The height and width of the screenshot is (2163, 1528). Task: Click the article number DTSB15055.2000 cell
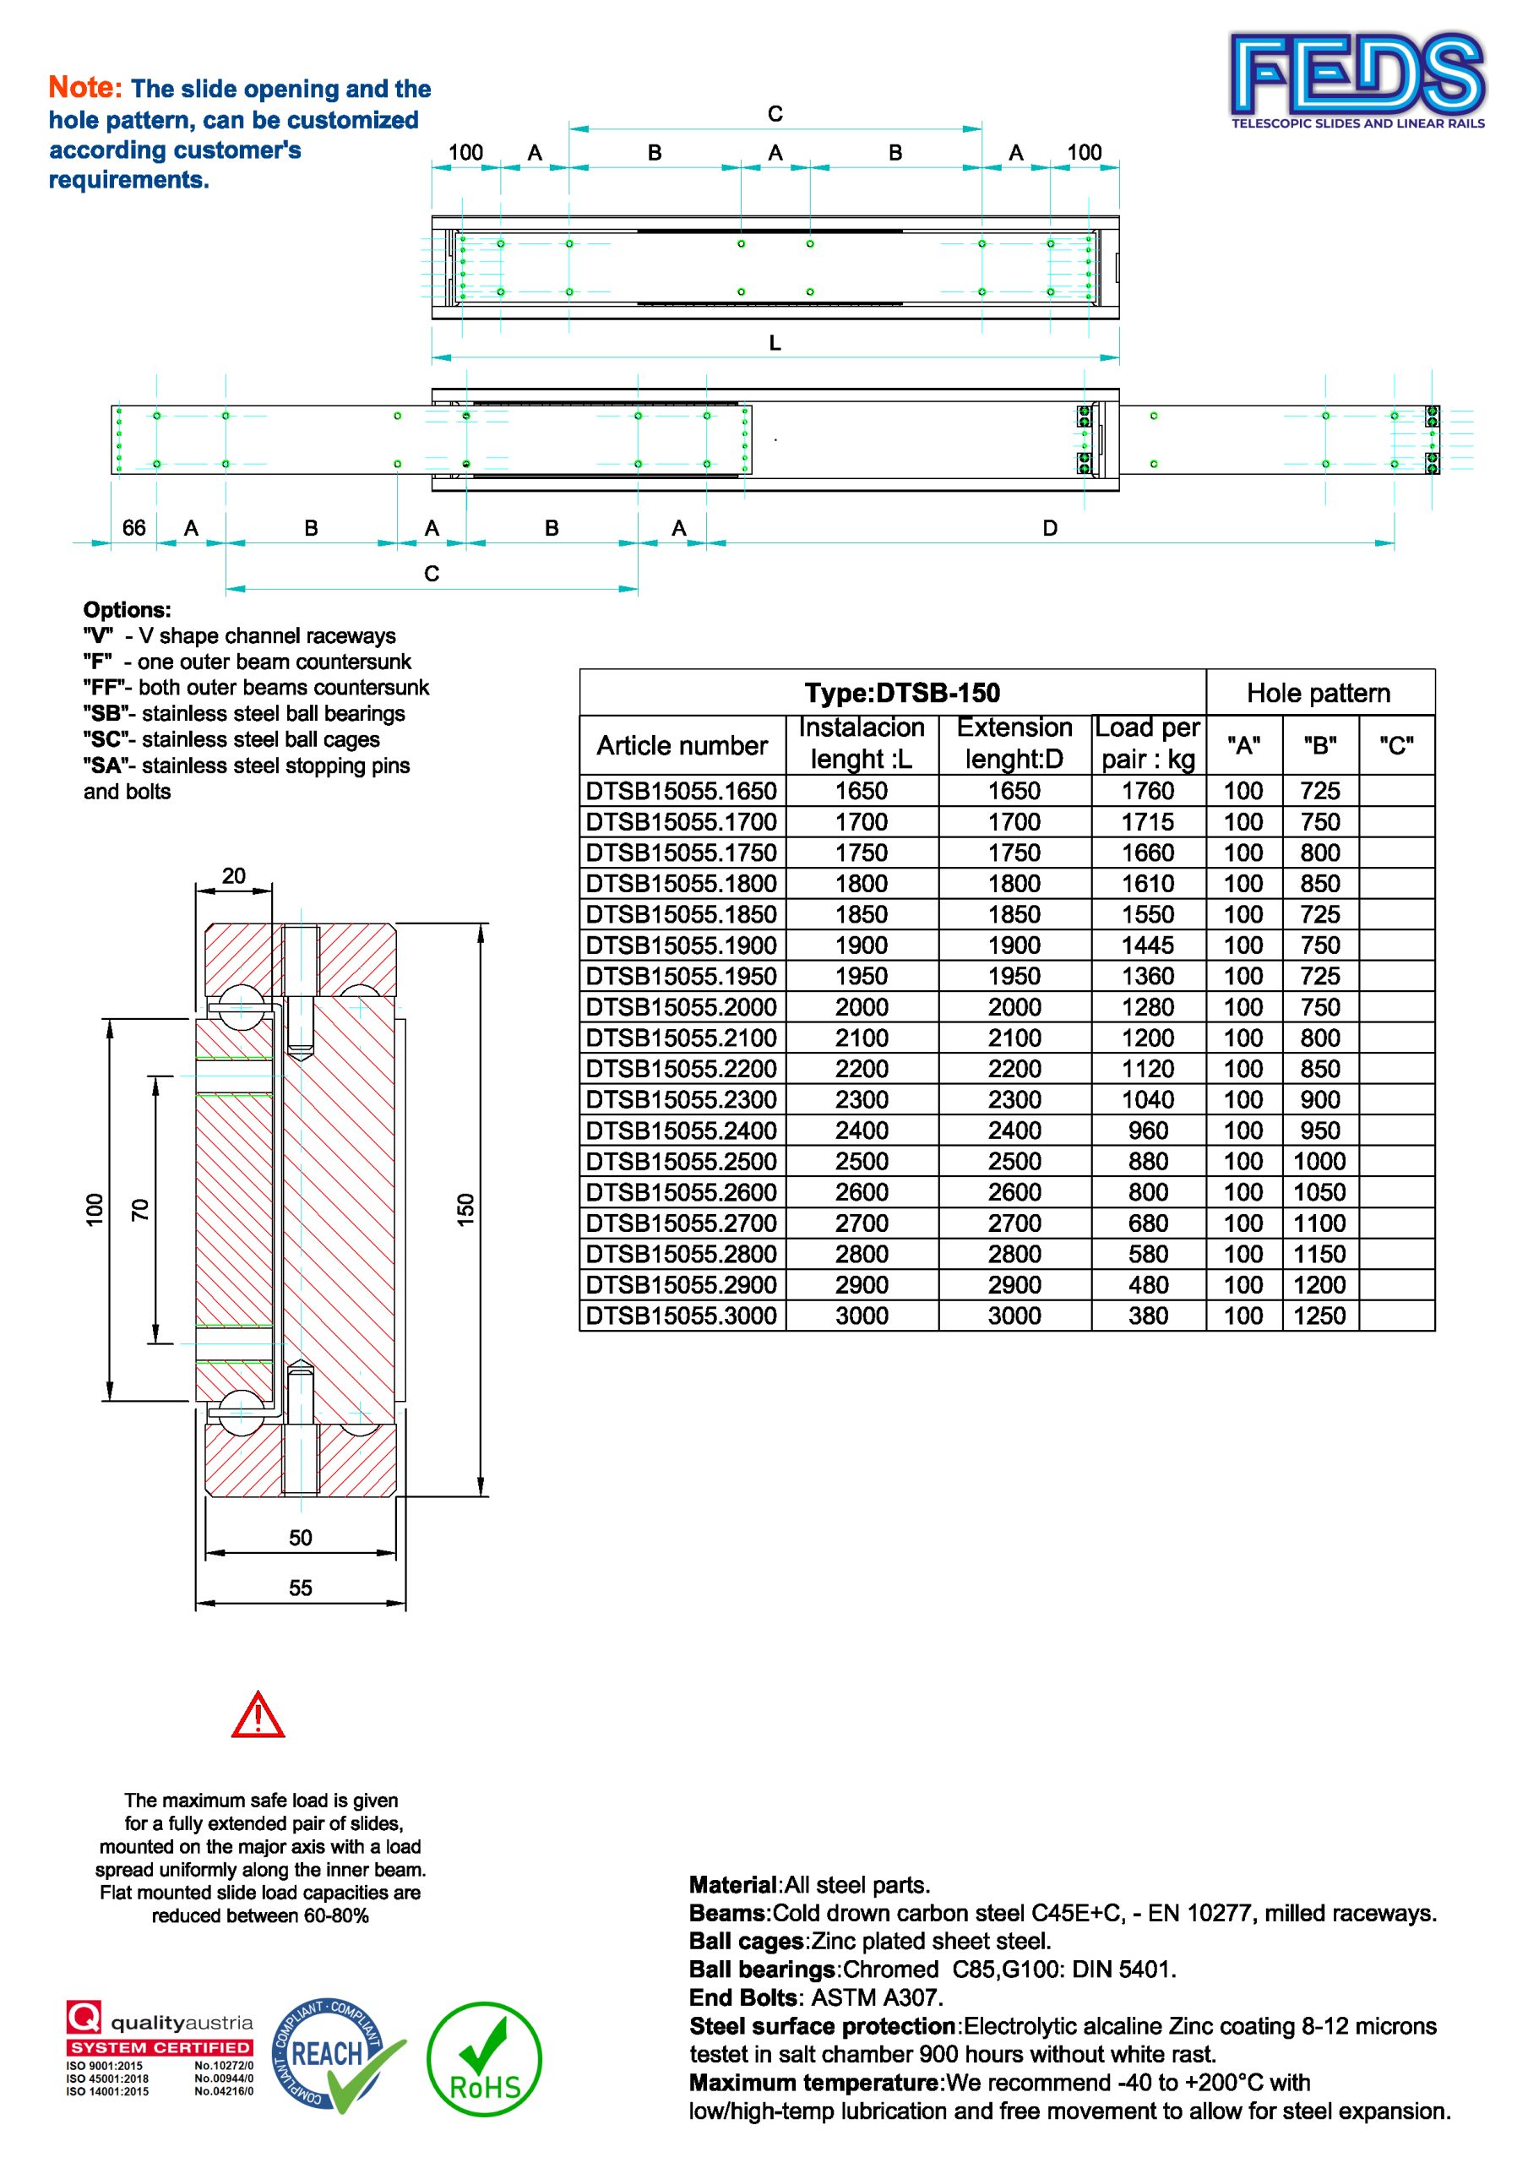tap(681, 1007)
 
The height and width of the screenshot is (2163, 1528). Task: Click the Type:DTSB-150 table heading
tap(901, 694)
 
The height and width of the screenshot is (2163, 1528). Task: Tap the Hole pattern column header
tap(1318, 694)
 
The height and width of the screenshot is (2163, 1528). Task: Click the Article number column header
tap(682, 745)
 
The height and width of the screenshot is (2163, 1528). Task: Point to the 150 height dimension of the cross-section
tap(466, 1210)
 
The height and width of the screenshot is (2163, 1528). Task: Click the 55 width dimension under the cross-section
tap(300, 1588)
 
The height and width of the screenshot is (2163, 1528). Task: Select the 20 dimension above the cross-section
tap(232, 875)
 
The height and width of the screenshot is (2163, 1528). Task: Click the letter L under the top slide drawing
tap(775, 344)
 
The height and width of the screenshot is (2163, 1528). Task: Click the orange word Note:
tap(84, 88)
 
